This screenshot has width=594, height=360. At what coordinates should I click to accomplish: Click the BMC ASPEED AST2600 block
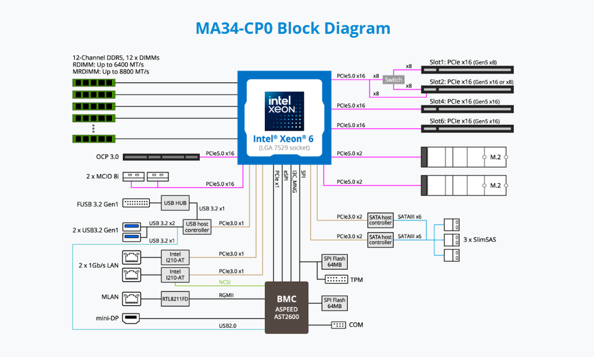[286, 307]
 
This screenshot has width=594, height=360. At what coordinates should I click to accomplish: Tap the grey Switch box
[394, 80]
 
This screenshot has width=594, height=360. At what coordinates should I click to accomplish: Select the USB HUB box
[175, 204]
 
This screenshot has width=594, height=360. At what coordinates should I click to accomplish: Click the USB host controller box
[197, 227]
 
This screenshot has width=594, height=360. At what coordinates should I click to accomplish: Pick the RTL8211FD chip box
[175, 299]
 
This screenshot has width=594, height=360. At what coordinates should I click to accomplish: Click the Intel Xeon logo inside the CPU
[284, 111]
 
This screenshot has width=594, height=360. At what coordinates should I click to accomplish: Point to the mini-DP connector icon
[131, 319]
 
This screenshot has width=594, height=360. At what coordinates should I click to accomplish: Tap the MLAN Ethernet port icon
[131, 299]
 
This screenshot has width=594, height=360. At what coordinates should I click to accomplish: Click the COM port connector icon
[338, 325]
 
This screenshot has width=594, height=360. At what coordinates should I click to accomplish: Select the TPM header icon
[337, 280]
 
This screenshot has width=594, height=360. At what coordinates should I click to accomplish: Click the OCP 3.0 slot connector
[161, 156]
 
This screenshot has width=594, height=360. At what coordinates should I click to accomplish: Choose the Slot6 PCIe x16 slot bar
[467, 129]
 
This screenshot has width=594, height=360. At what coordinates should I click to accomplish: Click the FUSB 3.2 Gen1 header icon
[136, 204]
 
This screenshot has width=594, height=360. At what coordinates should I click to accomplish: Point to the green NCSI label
[225, 282]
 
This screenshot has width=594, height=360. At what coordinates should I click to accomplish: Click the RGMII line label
[226, 295]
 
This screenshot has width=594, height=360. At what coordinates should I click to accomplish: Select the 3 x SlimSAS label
[480, 239]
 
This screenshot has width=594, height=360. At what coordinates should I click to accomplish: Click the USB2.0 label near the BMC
[227, 325]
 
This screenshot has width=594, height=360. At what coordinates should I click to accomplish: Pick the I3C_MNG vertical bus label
[295, 182]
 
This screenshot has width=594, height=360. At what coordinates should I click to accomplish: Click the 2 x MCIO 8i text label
[102, 176]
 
